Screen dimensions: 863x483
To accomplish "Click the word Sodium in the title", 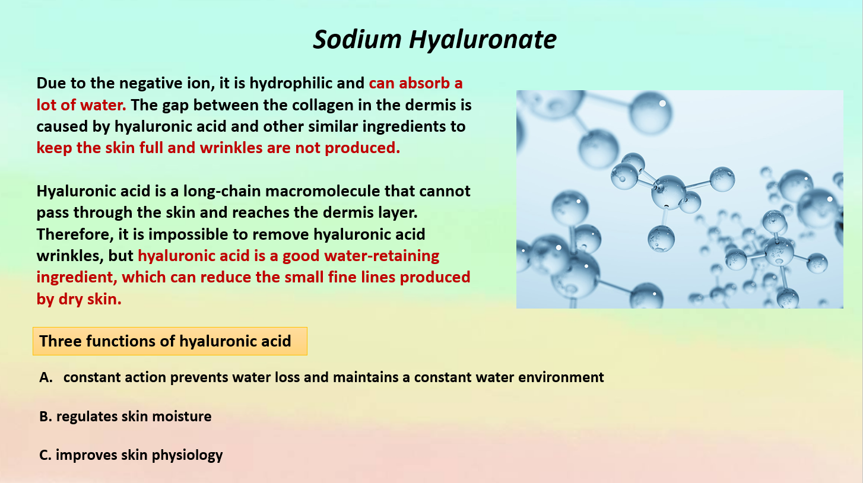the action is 357,39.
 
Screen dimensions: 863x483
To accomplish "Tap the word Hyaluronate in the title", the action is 483,39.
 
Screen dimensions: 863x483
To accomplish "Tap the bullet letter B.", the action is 45,417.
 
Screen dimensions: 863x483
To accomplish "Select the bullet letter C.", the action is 45,455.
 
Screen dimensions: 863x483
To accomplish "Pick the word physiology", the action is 187,455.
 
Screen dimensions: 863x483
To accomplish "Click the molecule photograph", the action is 680,199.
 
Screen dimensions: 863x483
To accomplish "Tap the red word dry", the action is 71,300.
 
